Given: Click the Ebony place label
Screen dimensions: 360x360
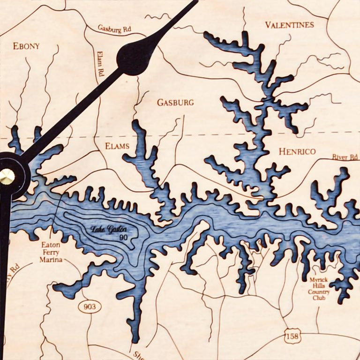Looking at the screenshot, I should pyautogui.click(x=26, y=46).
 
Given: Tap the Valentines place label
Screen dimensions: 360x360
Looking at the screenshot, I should pyautogui.click(x=289, y=25).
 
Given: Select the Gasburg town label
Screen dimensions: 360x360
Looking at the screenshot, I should pyautogui.click(x=175, y=102).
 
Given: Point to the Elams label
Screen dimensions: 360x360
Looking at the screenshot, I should pyautogui.click(x=117, y=146).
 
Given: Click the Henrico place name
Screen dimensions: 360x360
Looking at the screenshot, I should pyautogui.click(x=297, y=151).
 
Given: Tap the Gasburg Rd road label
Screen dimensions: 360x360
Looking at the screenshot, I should pyautogui.click(x=114, y=29).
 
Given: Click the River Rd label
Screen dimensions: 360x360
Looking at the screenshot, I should pyautogui.click(x=345, y=157).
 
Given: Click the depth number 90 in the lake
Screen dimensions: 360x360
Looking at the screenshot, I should pyautogui.click(x=123, y=237).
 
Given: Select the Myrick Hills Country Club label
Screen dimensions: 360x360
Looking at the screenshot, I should pyautogui.click(x=319, y=288).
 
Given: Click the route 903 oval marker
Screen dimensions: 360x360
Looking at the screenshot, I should pyautogui.click(x=89, y=307).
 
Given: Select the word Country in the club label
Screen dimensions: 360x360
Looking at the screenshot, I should pyautogui.click(x=319, y=292).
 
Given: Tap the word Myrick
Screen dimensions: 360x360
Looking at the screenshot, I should pyautogui.click(x=319, y=280).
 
